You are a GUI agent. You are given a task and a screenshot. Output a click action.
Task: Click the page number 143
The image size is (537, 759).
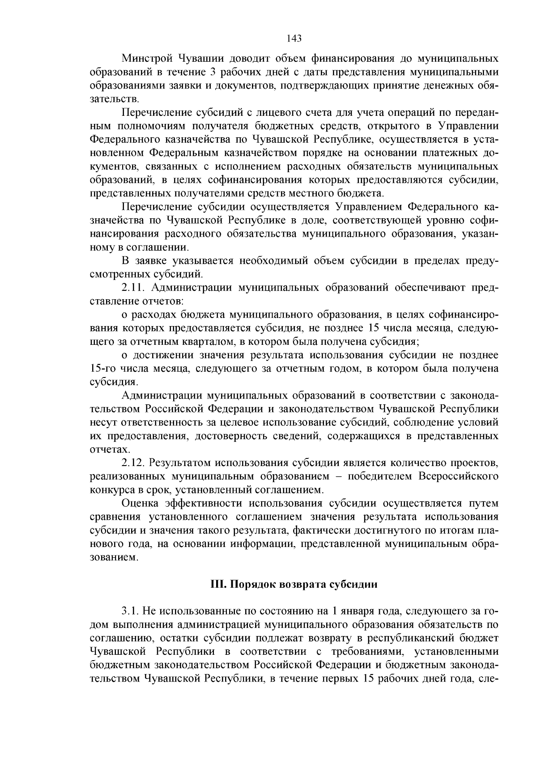click(294, 38)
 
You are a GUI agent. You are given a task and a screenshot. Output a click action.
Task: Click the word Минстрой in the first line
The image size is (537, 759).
click(147, 59)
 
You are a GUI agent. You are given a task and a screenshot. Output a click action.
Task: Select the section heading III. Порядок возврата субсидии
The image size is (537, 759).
click(294, 585)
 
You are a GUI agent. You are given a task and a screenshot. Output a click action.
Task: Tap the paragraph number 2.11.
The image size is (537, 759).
click(133, 288)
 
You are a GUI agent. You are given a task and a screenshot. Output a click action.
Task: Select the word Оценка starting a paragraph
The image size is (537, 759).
click(143, 503)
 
